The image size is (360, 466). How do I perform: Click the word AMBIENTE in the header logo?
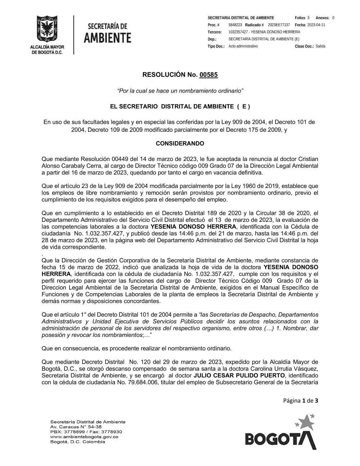tap(107, 38)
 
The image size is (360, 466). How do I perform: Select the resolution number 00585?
tap(209, 75)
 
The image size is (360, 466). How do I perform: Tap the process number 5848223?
tap(235, 25)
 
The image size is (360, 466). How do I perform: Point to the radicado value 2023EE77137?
tap(279, 25)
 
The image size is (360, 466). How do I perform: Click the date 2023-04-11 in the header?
tap(316, 25)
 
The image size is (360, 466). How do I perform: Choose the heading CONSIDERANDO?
tap(180, 143)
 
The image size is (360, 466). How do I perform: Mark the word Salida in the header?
tap(320, 46)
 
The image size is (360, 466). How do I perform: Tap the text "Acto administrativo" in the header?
tap(243, 46)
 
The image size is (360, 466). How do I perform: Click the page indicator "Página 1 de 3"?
tap(301, 400)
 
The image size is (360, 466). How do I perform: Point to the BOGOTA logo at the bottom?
tap(281, 434)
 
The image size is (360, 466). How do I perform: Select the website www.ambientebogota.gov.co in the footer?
tap(84, 436)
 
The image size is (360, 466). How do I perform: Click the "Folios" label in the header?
tap(300, 18)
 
